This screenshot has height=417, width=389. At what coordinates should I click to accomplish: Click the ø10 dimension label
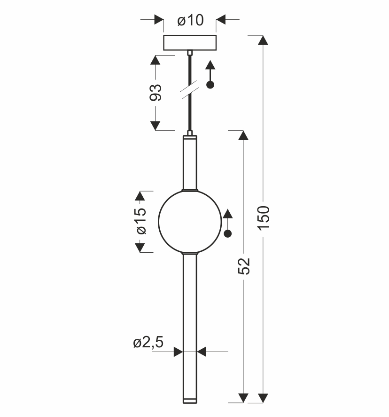pyautogui.click(x=190, y=21)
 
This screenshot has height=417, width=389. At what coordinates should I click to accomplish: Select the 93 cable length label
pyautogui.click(x=156, y=92)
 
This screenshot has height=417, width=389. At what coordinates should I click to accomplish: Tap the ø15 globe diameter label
pyautogui.click(x=140, y=221)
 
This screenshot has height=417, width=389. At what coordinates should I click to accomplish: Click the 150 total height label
pyautogui.click(x=264, y=217)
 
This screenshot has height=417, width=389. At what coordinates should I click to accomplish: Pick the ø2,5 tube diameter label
pyautogui.click(x=148, y=343)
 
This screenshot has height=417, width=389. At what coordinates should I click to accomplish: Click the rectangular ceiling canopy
pyautogui.click(x=190, y=42)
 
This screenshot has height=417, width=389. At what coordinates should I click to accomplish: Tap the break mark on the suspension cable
pyautogui.click(x=190, y=90)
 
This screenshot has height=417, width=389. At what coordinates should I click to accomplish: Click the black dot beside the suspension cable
pyautogui.click(x=210, y=85)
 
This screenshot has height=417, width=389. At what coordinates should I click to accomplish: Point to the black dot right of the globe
pyautogui.click(x=228, y=233)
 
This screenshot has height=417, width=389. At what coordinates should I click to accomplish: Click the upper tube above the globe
pyautogui.click(x=190, y=162)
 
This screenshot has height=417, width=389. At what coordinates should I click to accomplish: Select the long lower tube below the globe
pyautogui.click(x=190, y=325)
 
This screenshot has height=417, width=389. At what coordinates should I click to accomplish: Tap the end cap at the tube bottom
pyautogui.click(x=190, y=400)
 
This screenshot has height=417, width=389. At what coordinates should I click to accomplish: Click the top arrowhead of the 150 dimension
pyautogui.click(x=264, y=40)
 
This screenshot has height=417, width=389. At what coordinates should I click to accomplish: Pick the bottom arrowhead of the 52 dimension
pyautogui.click(x=243, y=398)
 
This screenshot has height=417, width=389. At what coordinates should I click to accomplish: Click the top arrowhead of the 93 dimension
pyautogui.click(x=156, y=60)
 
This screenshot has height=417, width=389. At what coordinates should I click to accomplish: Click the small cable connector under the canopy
pyautogui.click(x=190, y=53)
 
